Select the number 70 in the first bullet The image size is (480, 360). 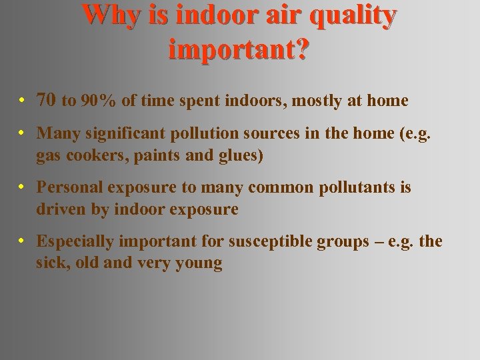point(46,101)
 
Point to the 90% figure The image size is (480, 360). point(98,101)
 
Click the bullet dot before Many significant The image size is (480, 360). point(23,133)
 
